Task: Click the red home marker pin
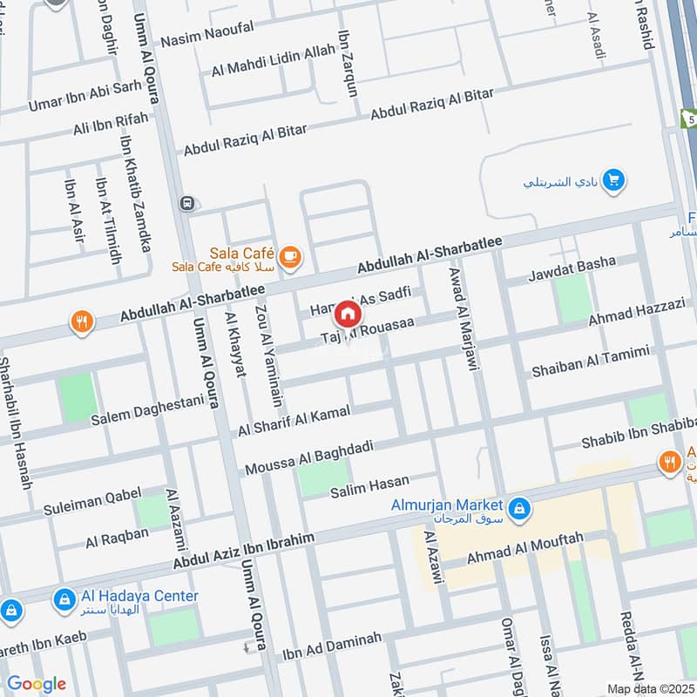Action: click(348, 314)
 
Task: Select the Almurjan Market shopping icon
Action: click(519, 509)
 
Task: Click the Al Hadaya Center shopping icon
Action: click(63, 599)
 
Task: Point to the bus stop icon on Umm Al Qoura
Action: click(186, 203)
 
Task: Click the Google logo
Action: click(37, 684)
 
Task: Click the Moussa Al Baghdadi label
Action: click(309, 457)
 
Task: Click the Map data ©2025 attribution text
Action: click(650, 688)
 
